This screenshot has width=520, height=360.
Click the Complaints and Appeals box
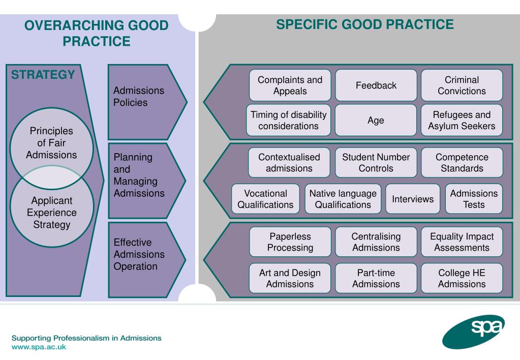pos(290,85)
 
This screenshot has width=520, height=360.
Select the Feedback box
pos(376,85)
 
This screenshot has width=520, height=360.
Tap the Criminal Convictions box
pos(462,85)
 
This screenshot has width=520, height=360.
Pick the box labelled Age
pos(376,121)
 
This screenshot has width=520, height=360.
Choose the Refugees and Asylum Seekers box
pos(462,121)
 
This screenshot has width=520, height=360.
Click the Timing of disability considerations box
pos(288,121)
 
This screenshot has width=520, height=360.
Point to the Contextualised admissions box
pos(289,162)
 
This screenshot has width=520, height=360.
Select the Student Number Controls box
pos(376,162)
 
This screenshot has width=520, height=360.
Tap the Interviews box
pos(413,199)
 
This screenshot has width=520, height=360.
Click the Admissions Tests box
pos(474,199)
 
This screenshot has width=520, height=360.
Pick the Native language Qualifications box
pos(343,199)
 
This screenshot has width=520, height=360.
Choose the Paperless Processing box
pos(290,242)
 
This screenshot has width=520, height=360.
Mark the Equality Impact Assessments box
pos(462,242)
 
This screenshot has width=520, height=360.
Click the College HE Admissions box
pos(462,278)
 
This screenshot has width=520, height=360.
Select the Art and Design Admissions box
pos(290,278)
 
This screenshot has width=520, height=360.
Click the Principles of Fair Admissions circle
pos(51,143)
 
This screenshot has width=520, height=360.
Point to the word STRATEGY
pos(43,75)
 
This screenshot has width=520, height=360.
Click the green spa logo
pos(470,333)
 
